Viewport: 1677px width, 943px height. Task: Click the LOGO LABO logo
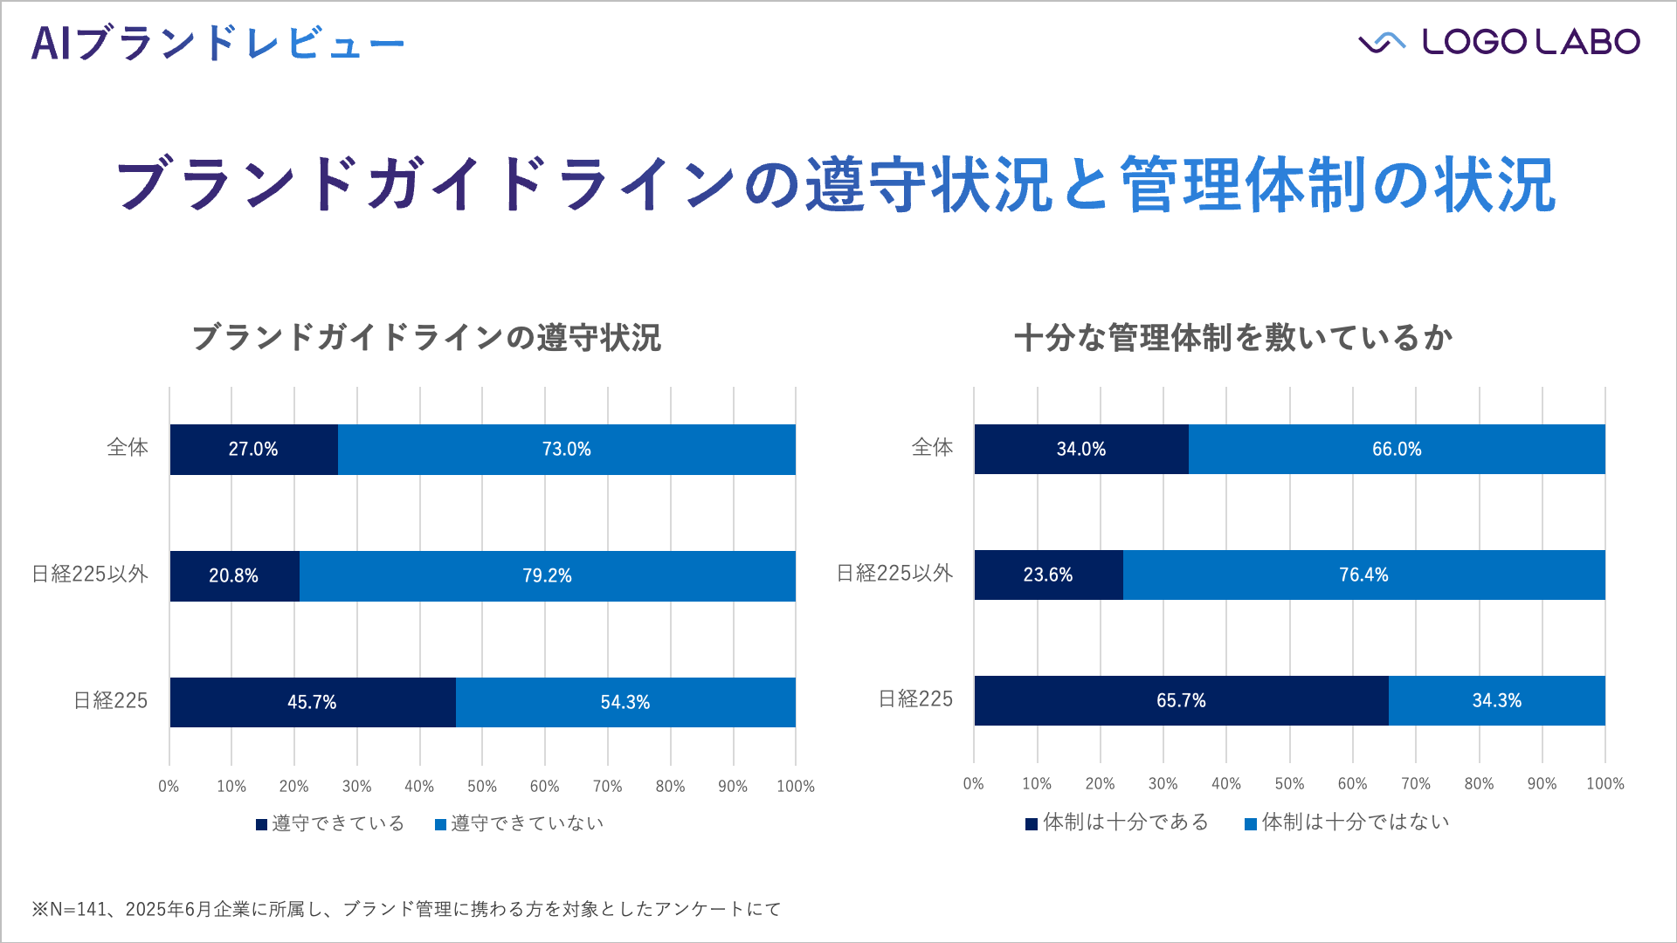pyautogui.click(x=1499, y=42)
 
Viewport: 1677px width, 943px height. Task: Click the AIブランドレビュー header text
pyautogui.click(x=217, y=43)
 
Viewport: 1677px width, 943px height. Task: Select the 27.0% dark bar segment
pyautogui.click(x=253, y=450)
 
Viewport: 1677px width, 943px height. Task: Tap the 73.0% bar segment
pyautogui.click(x=566, y=450)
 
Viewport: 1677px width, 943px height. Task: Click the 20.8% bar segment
pyautogui.click(x=234, y=576)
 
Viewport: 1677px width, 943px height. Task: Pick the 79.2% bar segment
pyautogui.click(x=547, y=576)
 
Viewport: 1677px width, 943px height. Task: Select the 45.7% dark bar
pyautogui.click(x=312, y=702)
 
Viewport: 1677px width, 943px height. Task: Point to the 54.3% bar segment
pyautogui.click(x=625, y=702)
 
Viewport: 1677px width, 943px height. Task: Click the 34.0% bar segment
pyautogui.click(x=1081, y=450)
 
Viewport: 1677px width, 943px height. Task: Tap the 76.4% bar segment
pyautogui.click(x=1363, y=575)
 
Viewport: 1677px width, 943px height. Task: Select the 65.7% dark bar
pyautogui.click(x=1181, y=700)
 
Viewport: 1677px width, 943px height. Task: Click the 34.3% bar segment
pyautogui.click(x=1496, y=700)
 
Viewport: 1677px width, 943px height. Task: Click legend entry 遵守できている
pyautogui.click(x=330, y=823)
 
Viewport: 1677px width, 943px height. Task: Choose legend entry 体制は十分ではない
pyautogui.click(x=1347, y=822)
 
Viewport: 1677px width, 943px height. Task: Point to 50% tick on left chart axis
pyautogui.click(x=482, y=786)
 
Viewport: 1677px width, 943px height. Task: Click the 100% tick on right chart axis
pyautogui.click(x=1605, y=784)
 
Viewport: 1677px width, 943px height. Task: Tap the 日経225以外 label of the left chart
pyautogui.click(x=90, y=575)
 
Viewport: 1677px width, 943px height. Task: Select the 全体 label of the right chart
pyautogui.click(x=932, y=448)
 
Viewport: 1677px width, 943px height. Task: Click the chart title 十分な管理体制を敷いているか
pyautogui.click(x=1232, y=338)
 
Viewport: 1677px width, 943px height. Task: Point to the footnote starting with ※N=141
pyautogui.click(x=406, y=909)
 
